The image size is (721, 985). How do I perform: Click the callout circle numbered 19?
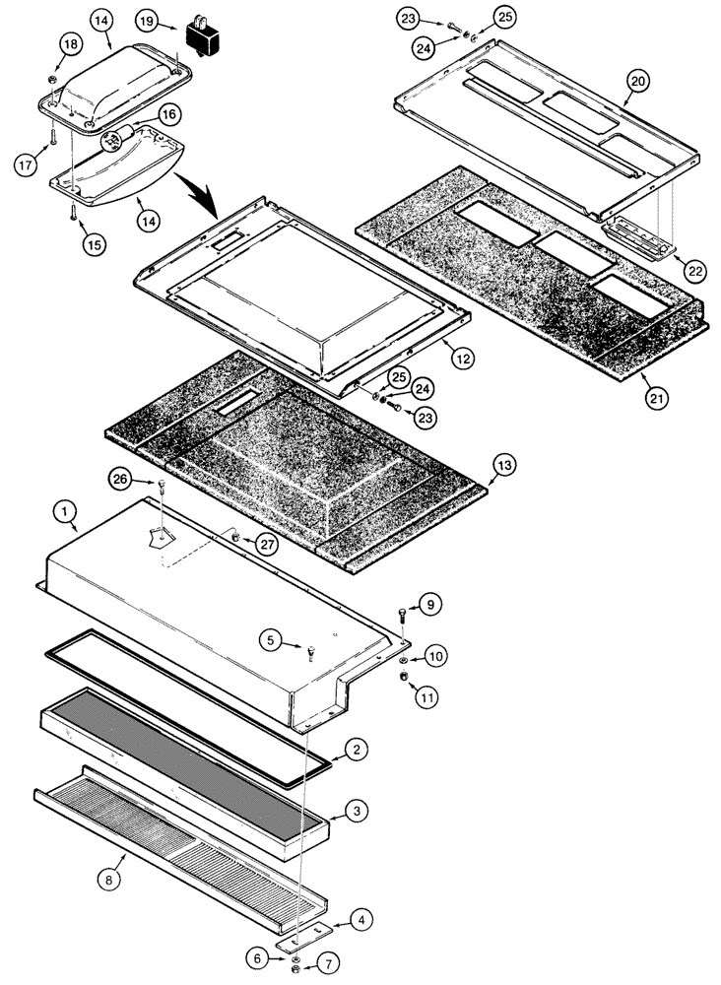146,21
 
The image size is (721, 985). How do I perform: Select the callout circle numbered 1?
63,511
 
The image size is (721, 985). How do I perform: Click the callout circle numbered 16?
168,114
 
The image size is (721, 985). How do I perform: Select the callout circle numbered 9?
430,605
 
